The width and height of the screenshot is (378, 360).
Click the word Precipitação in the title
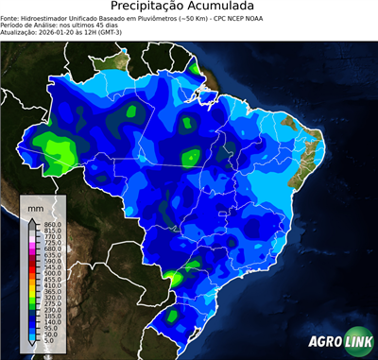tap(155, 8)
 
